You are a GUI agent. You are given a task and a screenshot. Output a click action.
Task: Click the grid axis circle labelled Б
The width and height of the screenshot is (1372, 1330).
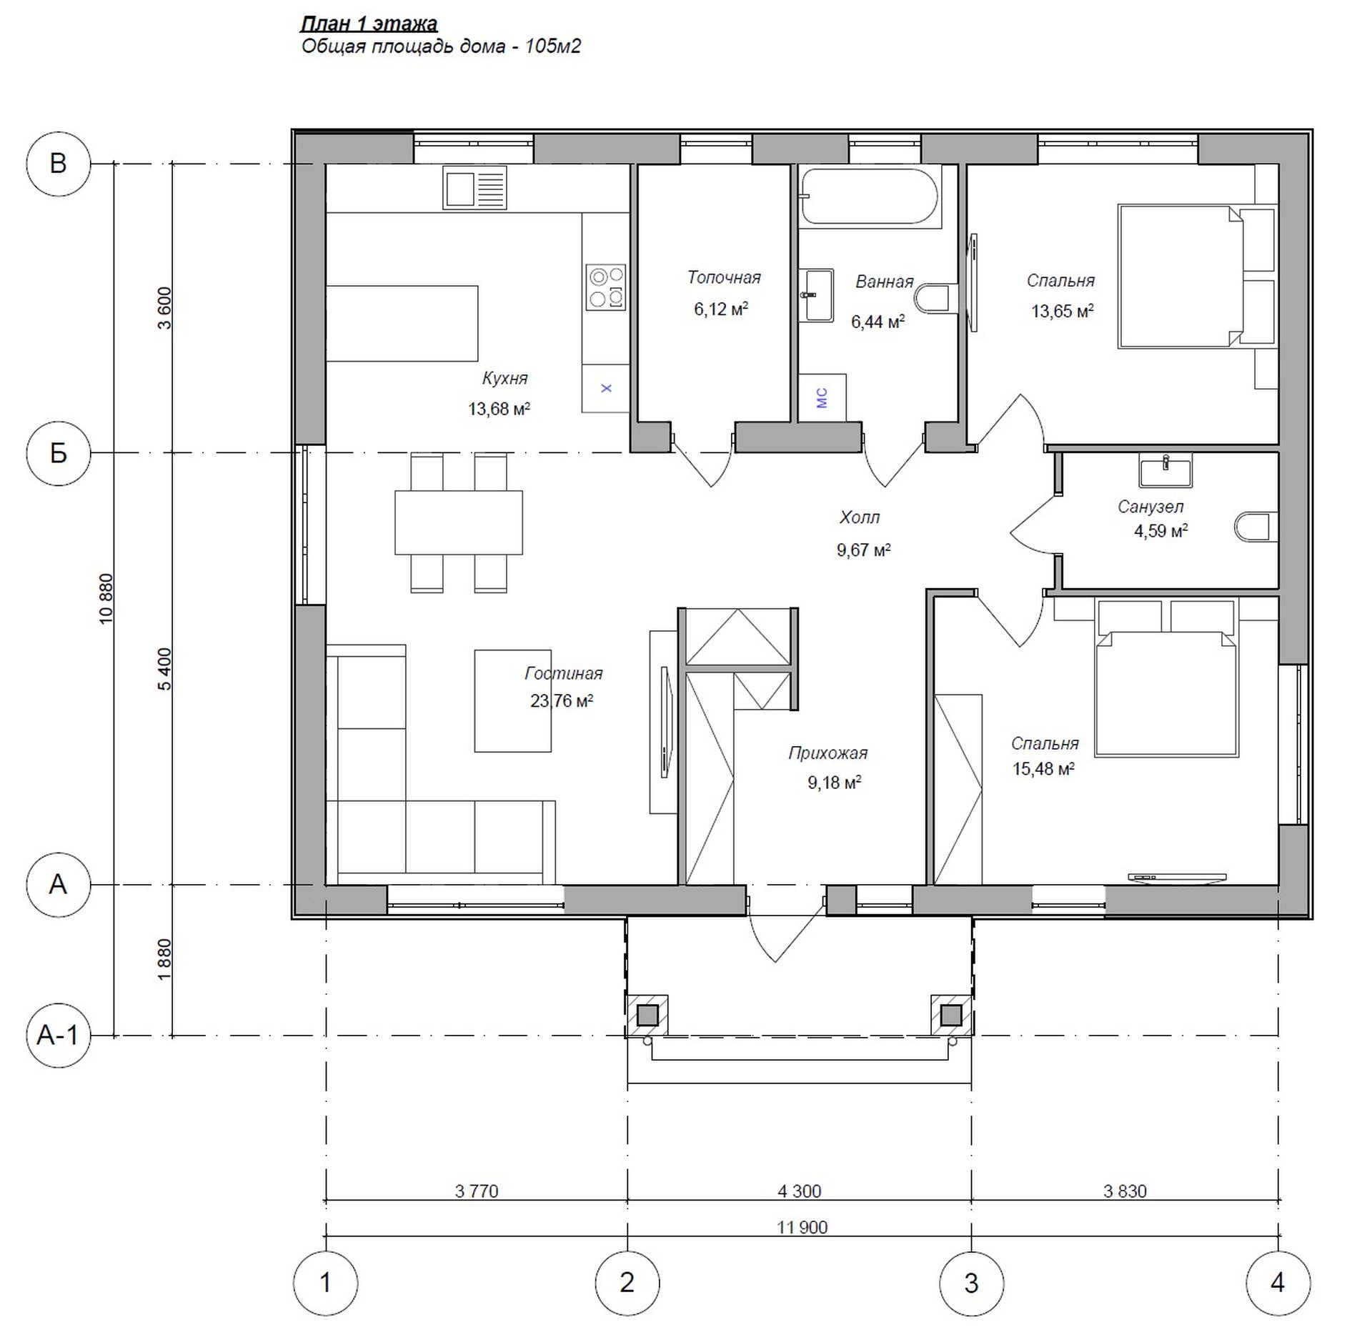click(58, 452)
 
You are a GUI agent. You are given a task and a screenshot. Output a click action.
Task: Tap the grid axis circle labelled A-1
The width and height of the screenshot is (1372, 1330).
click(58, 1035)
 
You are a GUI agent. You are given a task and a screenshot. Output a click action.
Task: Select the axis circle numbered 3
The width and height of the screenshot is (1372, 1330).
click(971, 1283)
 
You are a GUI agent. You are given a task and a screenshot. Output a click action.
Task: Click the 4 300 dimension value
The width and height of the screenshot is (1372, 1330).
click(799, 1191)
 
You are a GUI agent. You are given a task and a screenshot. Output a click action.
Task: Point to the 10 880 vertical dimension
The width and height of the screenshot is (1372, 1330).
click(106, 599)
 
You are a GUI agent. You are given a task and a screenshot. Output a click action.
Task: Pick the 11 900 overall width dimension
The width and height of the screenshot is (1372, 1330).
click(802, 1227)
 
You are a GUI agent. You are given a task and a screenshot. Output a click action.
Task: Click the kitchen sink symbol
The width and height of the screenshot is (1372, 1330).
click(474, 187)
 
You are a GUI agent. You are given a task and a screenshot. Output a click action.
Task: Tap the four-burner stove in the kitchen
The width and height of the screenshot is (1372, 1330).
click(606, 287)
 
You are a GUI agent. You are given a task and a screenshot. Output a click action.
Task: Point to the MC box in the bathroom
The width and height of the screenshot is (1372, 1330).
click(822, 397)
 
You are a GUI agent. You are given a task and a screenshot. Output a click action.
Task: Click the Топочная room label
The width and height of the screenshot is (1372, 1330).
click(724, 277)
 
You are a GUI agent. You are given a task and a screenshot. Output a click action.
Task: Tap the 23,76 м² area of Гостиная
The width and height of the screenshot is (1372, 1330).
click(562, 700)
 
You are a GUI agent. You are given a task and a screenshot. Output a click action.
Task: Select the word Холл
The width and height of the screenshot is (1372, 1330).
click(860, 517)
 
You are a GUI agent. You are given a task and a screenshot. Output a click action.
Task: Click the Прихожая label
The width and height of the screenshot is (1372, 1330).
click(827, 753)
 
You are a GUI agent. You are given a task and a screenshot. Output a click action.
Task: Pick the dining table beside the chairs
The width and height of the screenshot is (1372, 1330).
click(459, 522)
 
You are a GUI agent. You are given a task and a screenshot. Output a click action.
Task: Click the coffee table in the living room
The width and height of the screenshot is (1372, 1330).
click(512, 700)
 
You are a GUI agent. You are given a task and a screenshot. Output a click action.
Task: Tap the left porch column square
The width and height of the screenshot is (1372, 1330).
click(647, 1015)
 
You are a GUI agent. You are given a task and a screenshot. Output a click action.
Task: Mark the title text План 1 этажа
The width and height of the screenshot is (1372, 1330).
click(369, 24)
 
